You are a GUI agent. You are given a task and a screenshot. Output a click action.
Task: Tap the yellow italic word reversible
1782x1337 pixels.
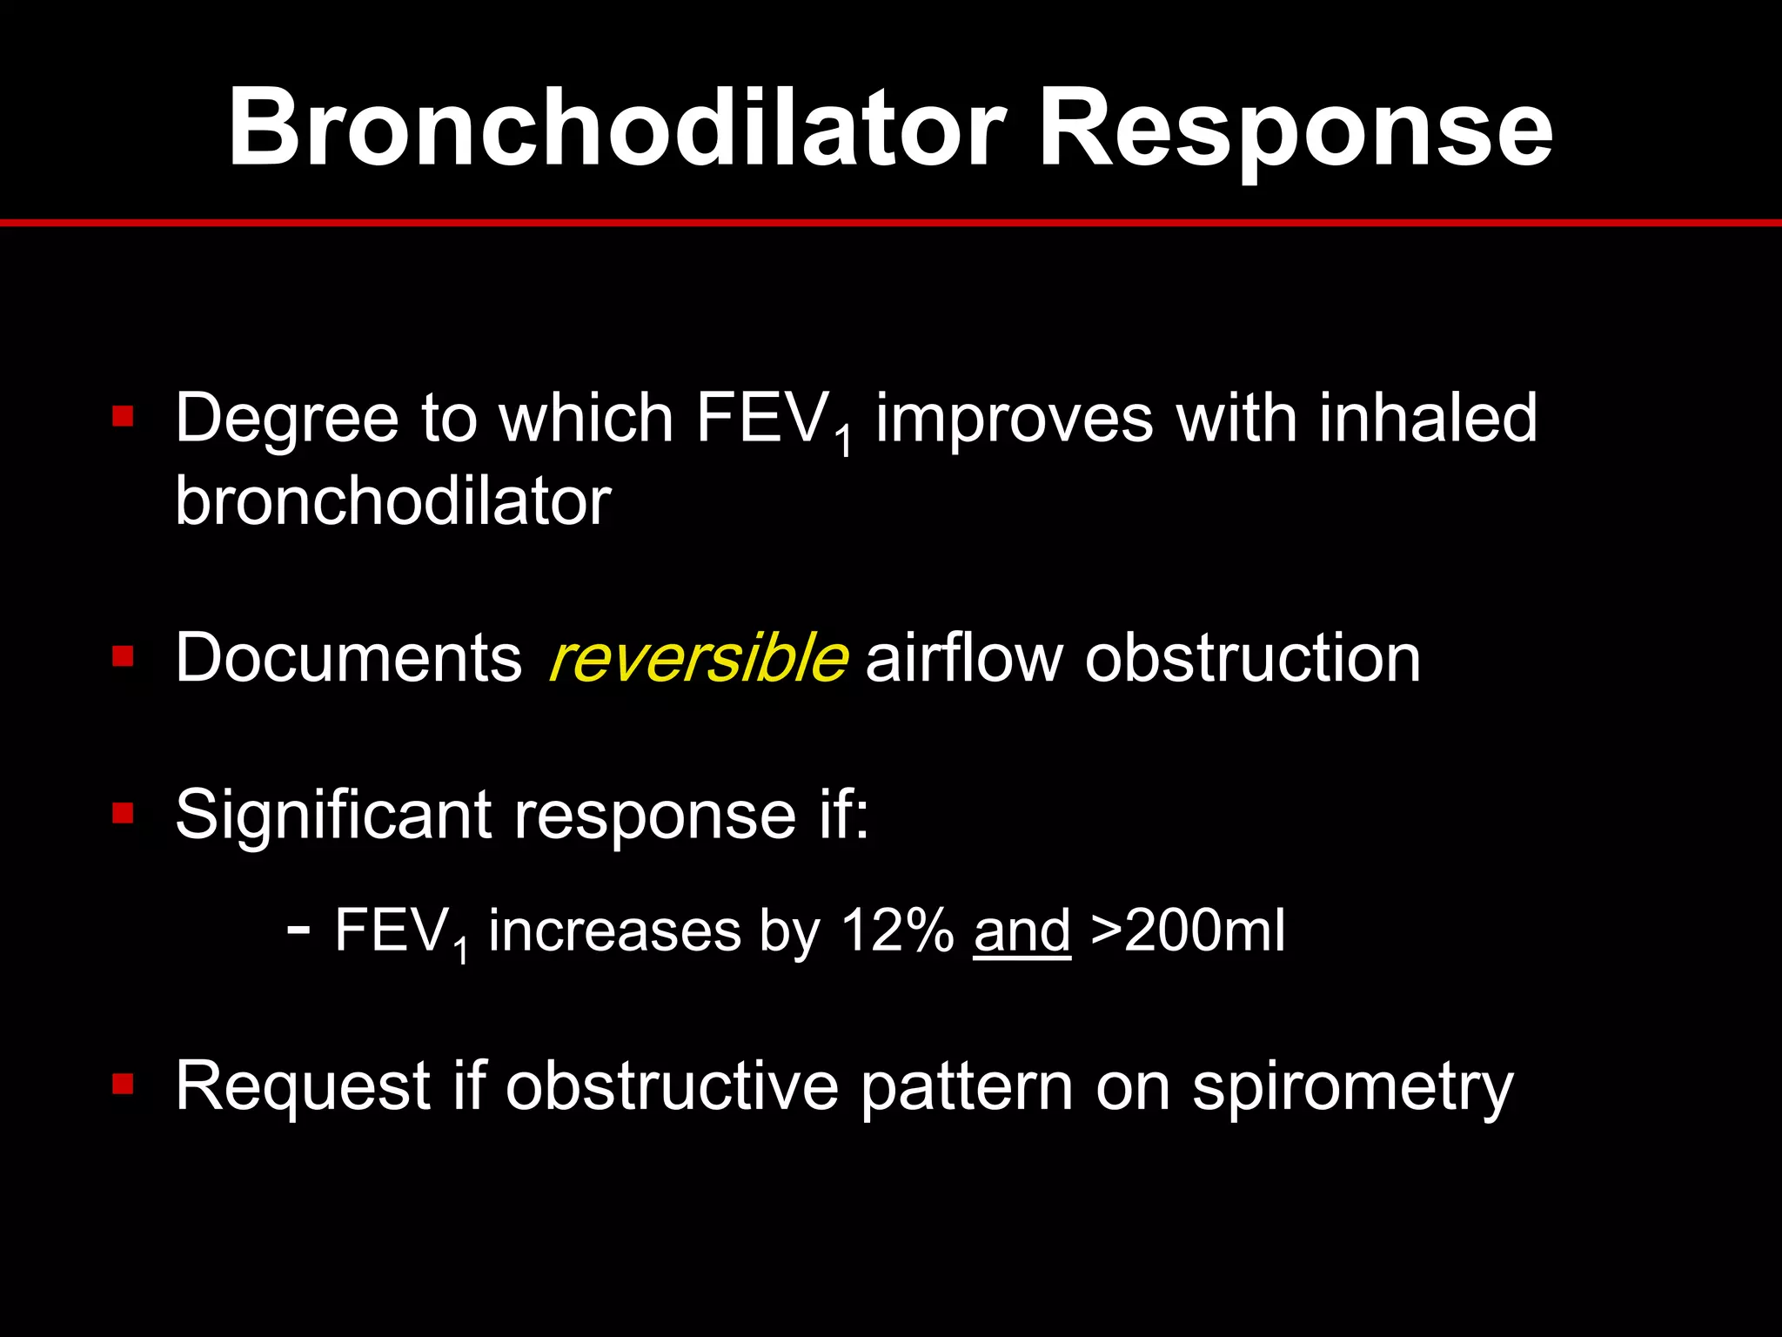pyautogui.click(x=698, y=658)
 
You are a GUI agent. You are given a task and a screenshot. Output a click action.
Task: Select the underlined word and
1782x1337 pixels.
pyautogui.click(x=1022, y=931)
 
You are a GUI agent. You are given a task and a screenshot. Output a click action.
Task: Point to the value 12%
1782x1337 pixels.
pyautogui.click(x=896, y=931)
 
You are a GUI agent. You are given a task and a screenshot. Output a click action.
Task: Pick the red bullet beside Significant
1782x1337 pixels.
pyautogui.click(x=123, y=814)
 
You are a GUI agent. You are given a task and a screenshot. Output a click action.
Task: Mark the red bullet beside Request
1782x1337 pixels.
pyautogui.click(x=123, y=1084)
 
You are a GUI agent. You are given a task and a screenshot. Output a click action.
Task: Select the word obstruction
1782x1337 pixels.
pyautogui.click(x=1253, y=658)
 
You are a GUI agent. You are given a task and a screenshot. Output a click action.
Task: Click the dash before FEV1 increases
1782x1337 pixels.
pyautogui.click(x=298, y=930)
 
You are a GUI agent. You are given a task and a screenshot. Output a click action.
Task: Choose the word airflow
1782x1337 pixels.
pyautogui.click(x=964, y=658)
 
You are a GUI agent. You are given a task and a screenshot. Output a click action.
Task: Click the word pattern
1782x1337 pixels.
pyautogui.click(x=967, y=1088)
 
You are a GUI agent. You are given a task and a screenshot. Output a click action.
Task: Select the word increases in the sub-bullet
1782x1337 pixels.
pyautogui.click(x=614, y=931)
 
